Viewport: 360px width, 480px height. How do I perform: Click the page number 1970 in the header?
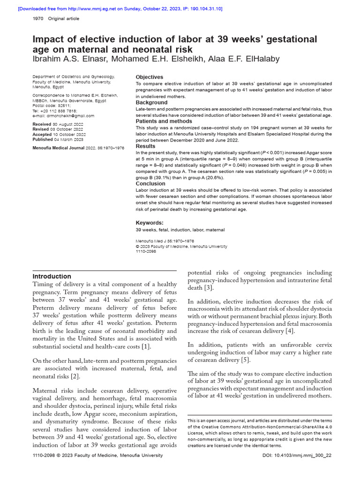tap(38, 19)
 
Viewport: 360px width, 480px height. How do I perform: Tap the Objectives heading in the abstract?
tap(150, 77)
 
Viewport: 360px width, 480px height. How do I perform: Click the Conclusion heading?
tap(150, 184)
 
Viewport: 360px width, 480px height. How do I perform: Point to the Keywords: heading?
tap(150, 223)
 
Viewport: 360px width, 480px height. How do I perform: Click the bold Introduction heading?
tap(52, 276)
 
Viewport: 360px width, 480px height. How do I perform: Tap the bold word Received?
tap(42, 124)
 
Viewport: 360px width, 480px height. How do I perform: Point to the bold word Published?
tap(42, 139)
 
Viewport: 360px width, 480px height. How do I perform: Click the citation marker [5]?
tap(246, 360)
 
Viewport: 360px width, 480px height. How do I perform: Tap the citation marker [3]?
tap(209, 287)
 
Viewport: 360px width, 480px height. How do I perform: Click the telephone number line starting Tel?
tap(55, 111)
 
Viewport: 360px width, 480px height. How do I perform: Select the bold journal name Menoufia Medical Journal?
tap(60, 148)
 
